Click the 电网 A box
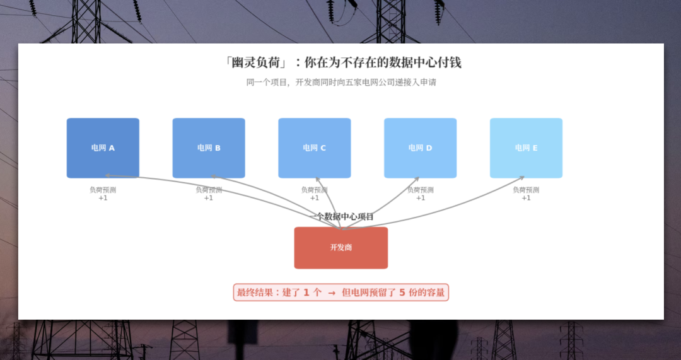pos(103,148)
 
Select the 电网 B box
pos(209,148)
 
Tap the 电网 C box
pos(315,148)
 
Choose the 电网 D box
pos(421,148)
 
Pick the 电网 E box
pos(526,148)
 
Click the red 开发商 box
pos(341,248)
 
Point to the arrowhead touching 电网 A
pos(108,175)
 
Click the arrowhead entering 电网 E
pos(521,177)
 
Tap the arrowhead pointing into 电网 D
pos(416,179)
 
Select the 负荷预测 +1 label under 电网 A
pos(103,194)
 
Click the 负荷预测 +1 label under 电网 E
pos(526,194)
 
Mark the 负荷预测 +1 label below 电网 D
pos(421,194)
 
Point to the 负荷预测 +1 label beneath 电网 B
pos(209,194)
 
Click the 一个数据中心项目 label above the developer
pos(341,216)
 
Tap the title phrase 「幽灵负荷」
pos(255,63)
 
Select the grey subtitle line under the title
pos(341,82)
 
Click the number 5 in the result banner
pos(402,293)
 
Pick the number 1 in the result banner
pos(306,293)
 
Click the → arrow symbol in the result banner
pos(332,293)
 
